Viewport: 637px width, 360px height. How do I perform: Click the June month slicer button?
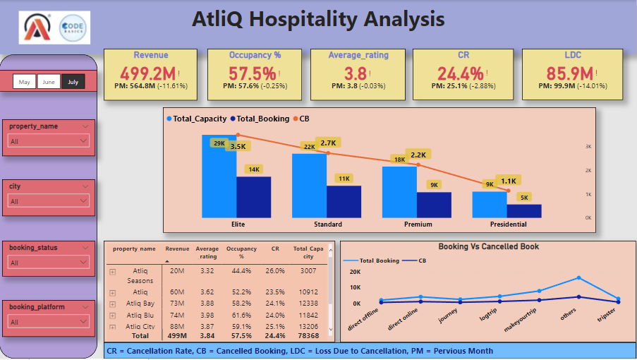[49, 82]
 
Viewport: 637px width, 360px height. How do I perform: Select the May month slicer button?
[25, 82]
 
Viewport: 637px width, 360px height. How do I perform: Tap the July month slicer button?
[73, 82]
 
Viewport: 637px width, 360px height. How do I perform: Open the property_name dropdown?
[49, 141]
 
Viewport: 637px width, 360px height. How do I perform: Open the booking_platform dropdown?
[49, 322]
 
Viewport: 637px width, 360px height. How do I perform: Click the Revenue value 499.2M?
[147, 73]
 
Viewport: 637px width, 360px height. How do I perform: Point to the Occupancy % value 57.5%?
[252, 73]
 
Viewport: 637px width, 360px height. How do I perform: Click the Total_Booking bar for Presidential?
[524, 210]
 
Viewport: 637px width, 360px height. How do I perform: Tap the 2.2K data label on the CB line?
[418, 155]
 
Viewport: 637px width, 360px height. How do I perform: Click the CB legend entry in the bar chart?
[301, 119]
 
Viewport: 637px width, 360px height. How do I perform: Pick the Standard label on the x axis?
[328, 224]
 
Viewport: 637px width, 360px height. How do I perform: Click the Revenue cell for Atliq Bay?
[176, 303]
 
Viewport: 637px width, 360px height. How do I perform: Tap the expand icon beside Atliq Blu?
[112, 315]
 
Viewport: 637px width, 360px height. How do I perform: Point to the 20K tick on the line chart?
[355, 272]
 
